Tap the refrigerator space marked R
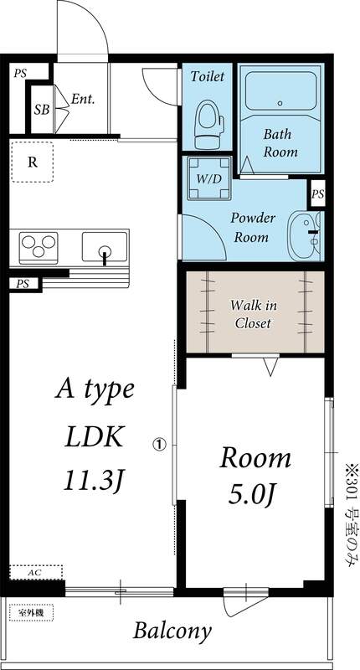(32, 162)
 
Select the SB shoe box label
(40, 109)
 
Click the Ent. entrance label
(82, 99)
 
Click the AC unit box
(35, 571)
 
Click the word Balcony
(172, 631)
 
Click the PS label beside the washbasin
(317, 193)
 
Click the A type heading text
(94, 390)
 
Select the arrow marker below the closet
(270, 367)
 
